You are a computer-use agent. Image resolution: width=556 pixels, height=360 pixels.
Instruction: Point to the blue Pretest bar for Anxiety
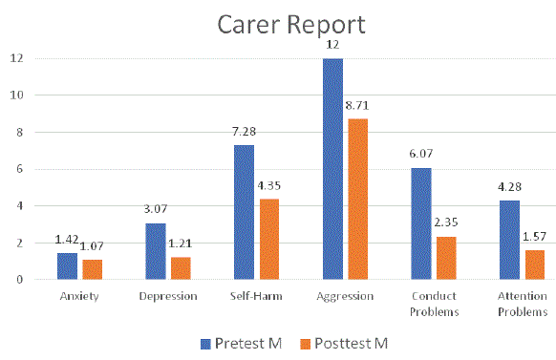67,266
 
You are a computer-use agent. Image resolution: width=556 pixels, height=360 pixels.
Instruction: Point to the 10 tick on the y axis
15,95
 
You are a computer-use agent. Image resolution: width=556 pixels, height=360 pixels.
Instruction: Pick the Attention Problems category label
524,304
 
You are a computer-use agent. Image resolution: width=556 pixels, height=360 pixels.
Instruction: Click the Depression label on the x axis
168,297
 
